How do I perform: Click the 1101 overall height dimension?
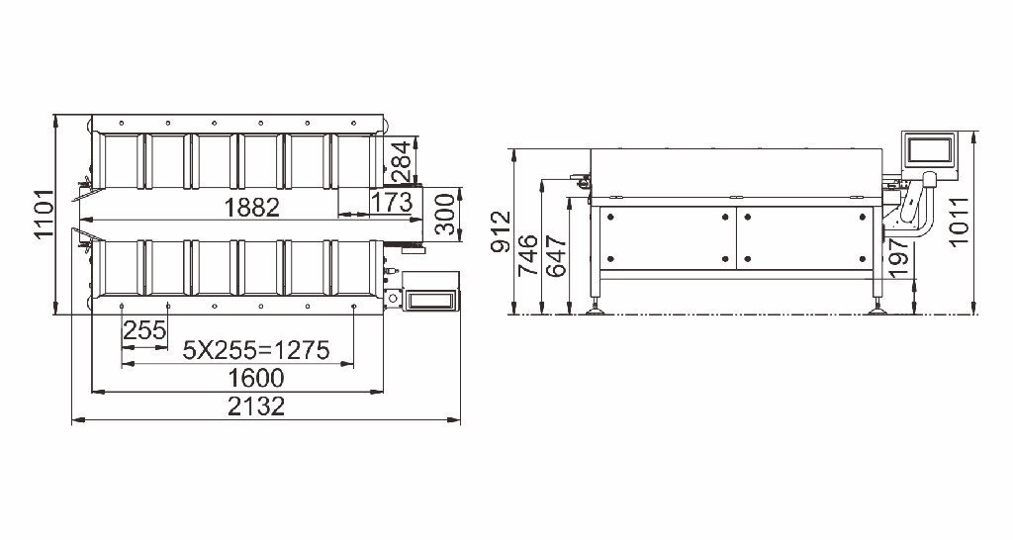[44, 214]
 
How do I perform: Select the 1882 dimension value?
[252, 208]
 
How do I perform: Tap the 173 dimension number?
[392, 202]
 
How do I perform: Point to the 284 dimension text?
[401, 161]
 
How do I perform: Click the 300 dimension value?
[444, 214]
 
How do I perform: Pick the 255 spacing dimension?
[144, 330]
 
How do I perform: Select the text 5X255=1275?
[256, 350]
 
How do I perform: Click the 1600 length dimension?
[256, 378]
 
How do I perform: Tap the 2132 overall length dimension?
[256, 406]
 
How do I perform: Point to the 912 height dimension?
[501, 231]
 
